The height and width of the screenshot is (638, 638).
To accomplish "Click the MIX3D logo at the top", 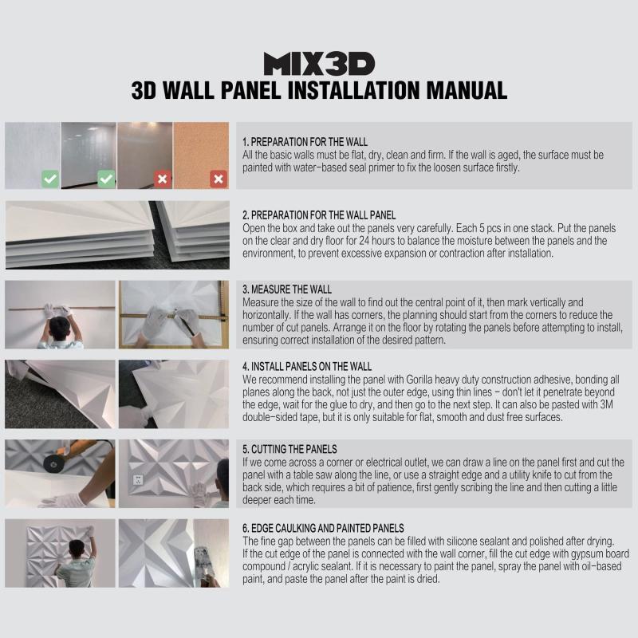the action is (x=319, y=64).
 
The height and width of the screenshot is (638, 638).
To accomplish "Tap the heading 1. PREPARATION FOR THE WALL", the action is (x=305, y=142).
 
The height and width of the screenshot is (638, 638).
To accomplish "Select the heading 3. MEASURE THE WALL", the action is (x=287, y=289).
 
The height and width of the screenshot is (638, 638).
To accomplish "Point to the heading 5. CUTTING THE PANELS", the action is (x=289, y=449).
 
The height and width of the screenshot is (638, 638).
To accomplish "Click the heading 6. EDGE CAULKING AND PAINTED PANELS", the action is (x=323, y=528).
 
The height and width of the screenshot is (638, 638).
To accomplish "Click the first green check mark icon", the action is (x=50, y=179).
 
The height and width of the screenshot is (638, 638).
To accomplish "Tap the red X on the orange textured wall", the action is (x=219, y=179).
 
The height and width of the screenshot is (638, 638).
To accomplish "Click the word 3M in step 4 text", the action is (x=606, y=404).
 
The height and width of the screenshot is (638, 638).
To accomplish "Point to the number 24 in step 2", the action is (x=364, y=241).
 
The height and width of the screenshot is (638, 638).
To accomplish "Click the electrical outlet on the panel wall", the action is (x=138, y=480).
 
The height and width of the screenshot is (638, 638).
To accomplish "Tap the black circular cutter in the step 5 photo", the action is (x=53, y=463).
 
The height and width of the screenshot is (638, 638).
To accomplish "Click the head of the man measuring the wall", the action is (x=61, y=326).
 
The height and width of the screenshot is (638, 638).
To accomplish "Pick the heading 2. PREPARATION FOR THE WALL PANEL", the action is (x=319, y=215).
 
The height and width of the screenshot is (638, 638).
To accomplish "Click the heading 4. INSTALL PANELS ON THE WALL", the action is (x=307, y=367).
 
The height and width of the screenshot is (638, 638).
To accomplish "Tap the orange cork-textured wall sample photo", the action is (x=201, y=156).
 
